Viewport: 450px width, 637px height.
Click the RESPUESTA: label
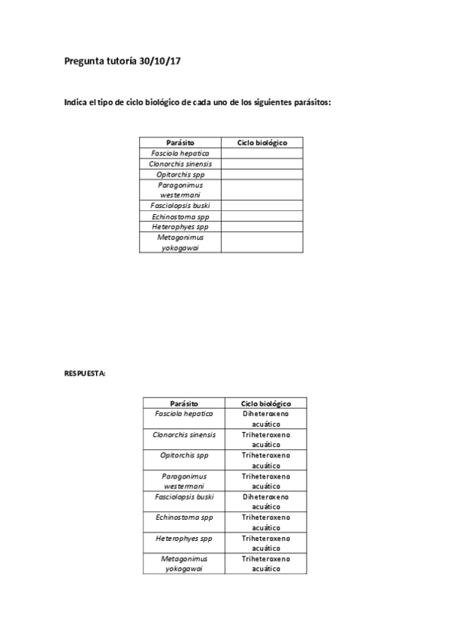[x=85, y=372]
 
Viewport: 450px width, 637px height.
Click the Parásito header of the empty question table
[x=180, y=143]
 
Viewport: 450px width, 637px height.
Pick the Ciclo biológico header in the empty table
[x=261, y=143]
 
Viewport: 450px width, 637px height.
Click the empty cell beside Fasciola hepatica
[x=261, y=153]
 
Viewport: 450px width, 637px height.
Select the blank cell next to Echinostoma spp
[x=261, y=216]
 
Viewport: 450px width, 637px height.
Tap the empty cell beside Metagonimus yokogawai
[x=261, y=242]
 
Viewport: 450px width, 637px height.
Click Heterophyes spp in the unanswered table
[x=180, y=227]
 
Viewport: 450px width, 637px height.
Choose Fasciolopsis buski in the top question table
[x=180, y=206]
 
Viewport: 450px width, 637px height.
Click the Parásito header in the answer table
[x=184, y=403]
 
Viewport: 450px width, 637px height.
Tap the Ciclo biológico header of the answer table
[x=266, y=403]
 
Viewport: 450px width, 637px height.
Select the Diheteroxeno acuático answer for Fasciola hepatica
[x=266, y=418]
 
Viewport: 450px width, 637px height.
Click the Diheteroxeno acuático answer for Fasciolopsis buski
[x=266, y=502]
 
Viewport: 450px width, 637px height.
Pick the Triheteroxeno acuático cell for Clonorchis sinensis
[x=266, y=439]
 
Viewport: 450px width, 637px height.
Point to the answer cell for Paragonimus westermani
[x=266, y=481]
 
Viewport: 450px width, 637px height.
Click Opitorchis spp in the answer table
[x=184, y=455]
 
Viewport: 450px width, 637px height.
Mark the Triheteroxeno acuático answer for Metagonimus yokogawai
[x=266, y=563]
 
